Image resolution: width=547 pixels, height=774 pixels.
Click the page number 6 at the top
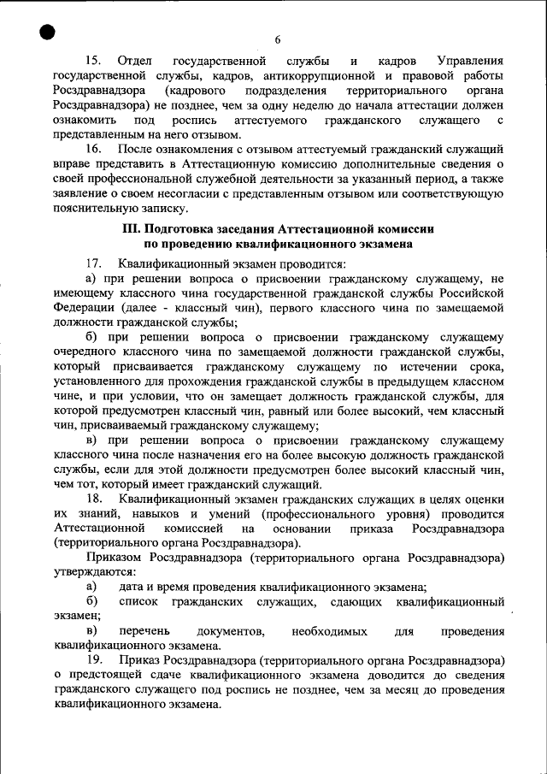(278, 39)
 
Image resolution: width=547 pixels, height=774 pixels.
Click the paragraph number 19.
(95, 661)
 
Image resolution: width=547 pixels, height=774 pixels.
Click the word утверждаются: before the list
(93, 572)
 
